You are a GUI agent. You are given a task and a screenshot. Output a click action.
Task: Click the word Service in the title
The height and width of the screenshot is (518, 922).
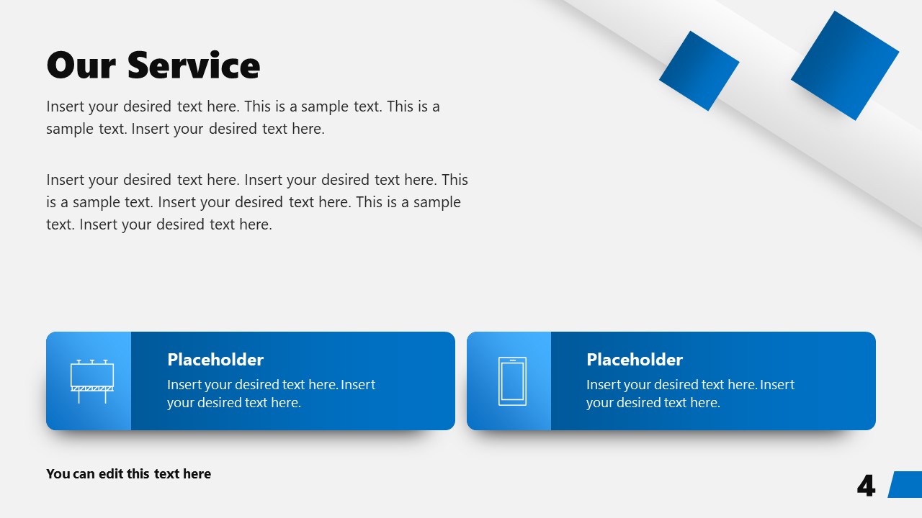[x=194, y=65]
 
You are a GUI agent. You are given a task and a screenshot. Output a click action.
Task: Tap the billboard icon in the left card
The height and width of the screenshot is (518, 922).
[x=91, y=381]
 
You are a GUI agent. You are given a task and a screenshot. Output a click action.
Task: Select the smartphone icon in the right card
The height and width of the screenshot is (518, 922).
[x=512, y=381]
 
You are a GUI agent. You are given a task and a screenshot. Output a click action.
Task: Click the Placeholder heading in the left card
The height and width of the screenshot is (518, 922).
[x=215, y=360]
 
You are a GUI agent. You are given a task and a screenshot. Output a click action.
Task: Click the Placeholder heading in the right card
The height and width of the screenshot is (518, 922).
[x=635, y=360]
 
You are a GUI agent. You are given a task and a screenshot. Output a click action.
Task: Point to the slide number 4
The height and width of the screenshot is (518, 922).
[x=866, y=486]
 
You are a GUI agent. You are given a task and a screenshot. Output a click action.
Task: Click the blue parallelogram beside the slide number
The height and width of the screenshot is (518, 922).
[x=905, y=484]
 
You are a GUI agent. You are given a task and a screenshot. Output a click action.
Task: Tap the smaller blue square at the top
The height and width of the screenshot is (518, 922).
[x=699, y=71]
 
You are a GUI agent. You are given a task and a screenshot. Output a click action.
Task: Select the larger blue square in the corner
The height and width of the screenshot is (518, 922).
[x=845, y=65]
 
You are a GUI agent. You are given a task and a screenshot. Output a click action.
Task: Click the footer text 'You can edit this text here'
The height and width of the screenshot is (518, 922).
[x=128, y=474]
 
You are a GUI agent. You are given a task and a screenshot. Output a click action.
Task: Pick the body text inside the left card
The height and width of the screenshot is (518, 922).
[x=271, y=394]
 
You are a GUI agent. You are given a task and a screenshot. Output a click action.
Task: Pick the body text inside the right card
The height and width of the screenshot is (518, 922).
[x=690, y=394]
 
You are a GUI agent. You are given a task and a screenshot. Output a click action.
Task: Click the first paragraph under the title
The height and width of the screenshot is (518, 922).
[x=243, y=117]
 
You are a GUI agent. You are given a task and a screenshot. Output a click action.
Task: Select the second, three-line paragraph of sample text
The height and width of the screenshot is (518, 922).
[x=256, y=202]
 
